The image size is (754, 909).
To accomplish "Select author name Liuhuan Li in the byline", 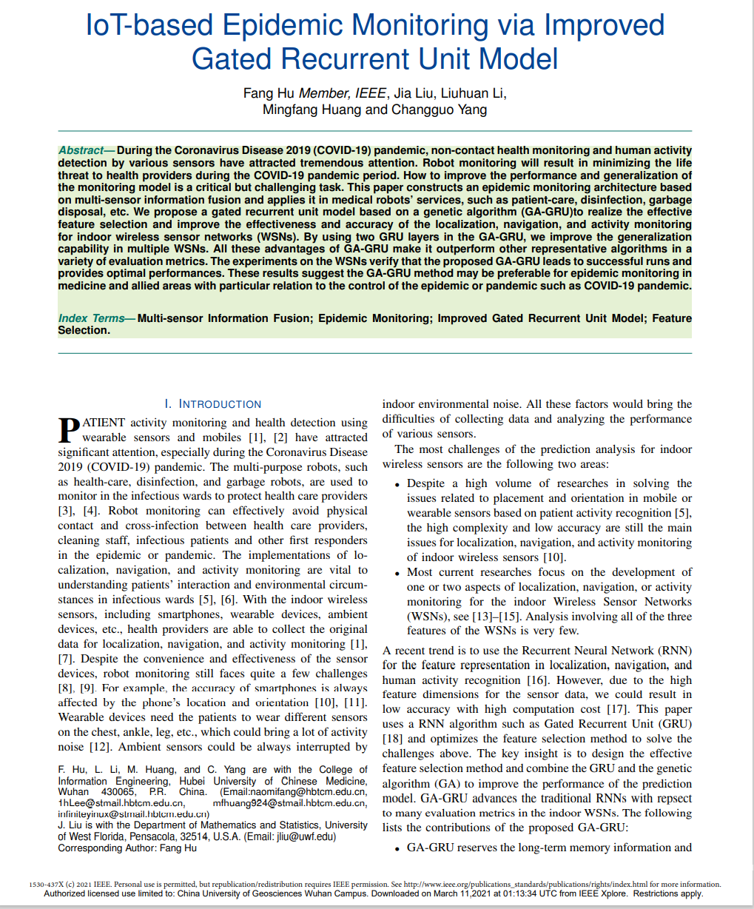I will click(474, 93).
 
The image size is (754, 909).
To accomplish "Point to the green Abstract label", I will click(81, 150).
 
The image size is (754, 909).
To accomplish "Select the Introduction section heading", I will click(213, 404).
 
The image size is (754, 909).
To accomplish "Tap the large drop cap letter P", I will click(69, 430).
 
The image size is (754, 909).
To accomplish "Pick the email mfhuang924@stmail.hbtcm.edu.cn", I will click(289, 803).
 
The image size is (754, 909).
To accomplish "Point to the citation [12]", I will click(101, 747).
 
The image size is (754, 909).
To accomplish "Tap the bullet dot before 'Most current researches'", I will click(399, 573).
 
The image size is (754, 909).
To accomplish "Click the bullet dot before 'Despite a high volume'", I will click(399, 484).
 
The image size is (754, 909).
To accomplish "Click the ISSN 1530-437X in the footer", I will click(45, 884).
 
